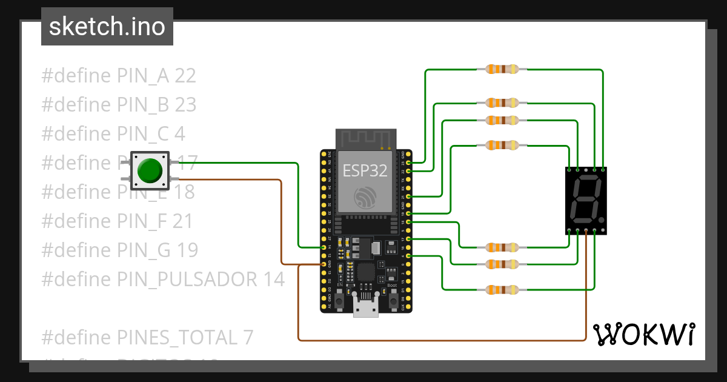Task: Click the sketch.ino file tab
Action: click(x=107, y=27)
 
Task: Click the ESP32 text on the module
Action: click(x=365, y=170)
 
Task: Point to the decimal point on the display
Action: click(x=602, y=218)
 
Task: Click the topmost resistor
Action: click(x=502, y=70)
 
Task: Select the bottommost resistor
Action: click(x=502, y=290)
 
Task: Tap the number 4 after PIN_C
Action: click(x=180, y=134)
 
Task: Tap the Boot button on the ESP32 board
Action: click(x=393, y=299)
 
